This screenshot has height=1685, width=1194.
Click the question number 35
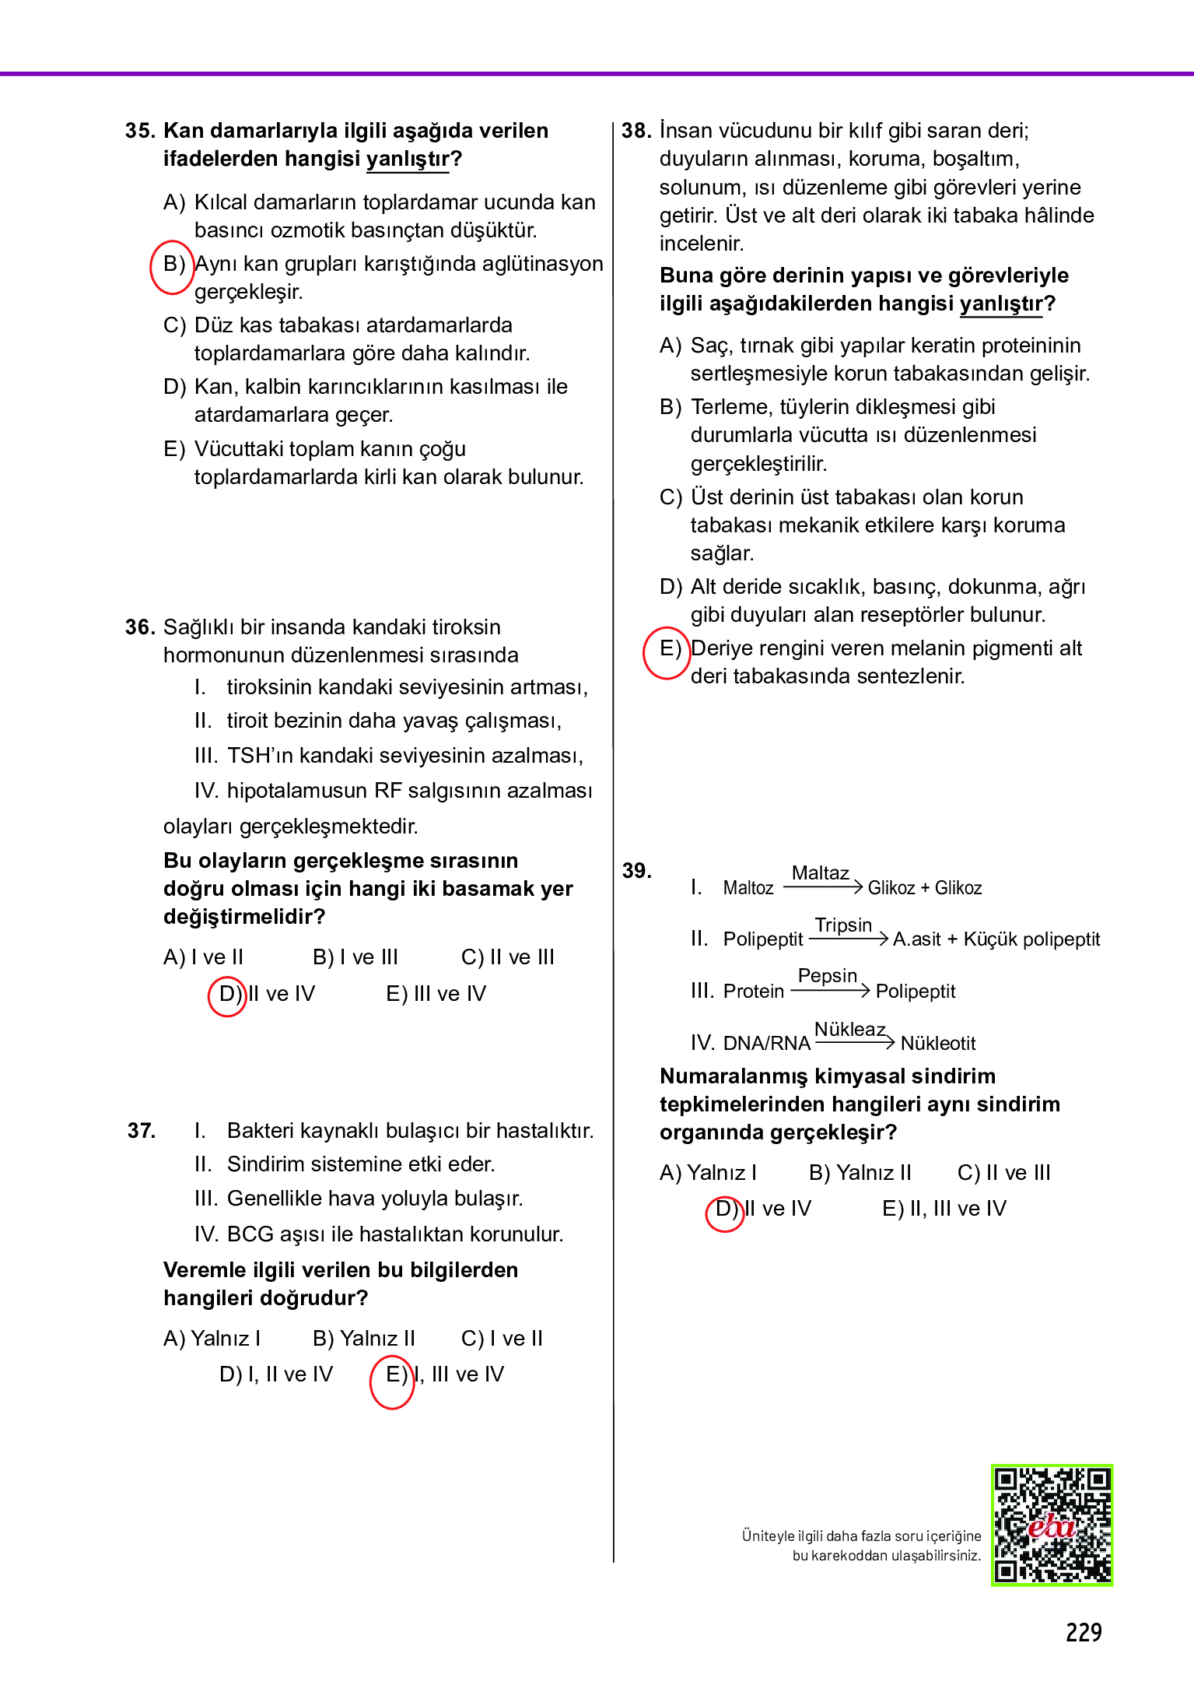point(140,131)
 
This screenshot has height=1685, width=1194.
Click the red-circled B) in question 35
point(173,265)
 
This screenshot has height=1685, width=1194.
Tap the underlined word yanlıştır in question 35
point(408,160)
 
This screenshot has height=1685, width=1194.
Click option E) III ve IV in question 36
point(436,994)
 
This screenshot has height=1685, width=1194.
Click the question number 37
point(142,1131)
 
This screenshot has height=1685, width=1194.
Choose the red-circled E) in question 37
point(395,1375)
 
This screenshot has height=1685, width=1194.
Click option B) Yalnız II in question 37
point(363,1339)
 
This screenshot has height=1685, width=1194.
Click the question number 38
point(636,131)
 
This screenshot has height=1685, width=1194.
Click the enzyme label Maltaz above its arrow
point(820,873)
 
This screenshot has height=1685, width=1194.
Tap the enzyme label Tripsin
point(843,925)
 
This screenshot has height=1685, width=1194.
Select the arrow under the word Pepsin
point(830,991)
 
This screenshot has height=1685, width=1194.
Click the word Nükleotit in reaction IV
point(937,1044)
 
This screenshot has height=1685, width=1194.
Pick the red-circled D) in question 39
point(726,1209)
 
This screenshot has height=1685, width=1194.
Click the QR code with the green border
point(1052,1525)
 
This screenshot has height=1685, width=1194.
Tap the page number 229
point(1083,1632)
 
